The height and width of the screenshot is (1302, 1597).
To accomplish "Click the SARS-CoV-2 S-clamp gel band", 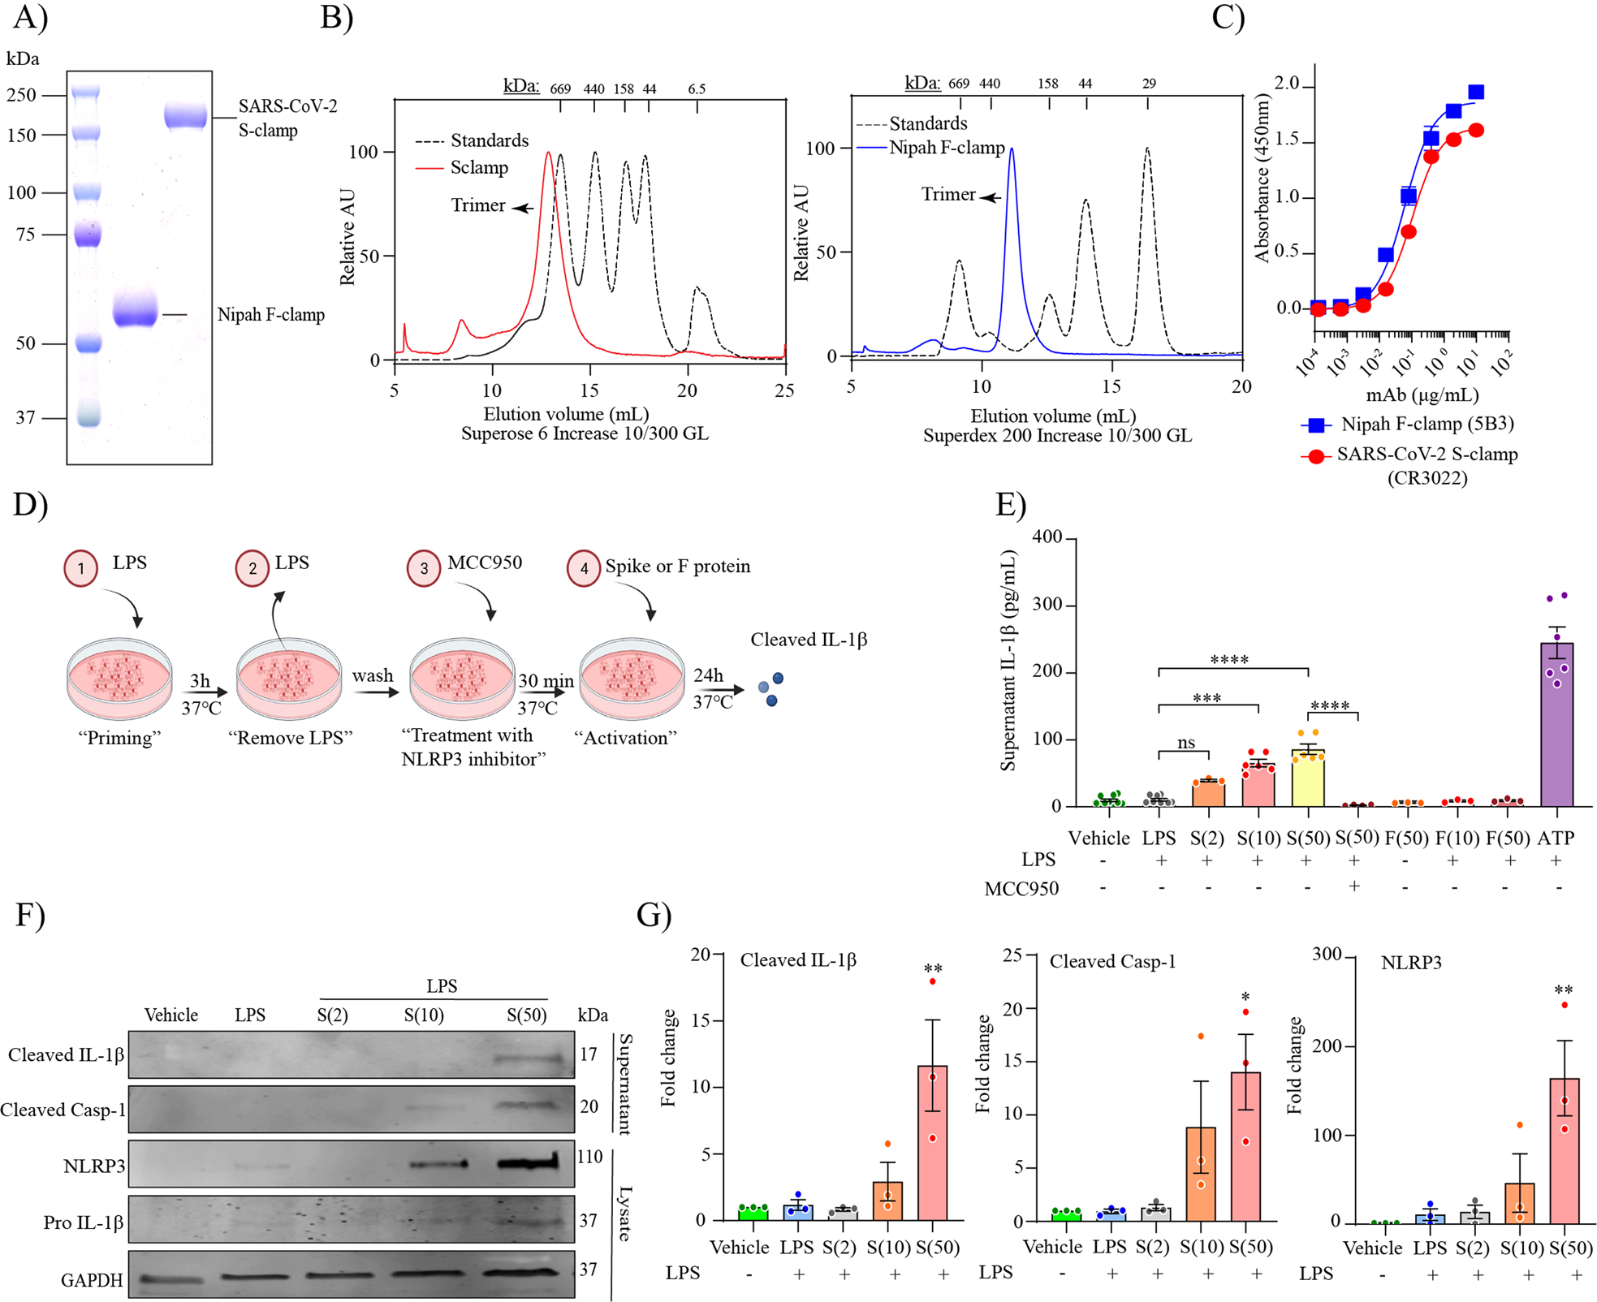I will pos(185,117).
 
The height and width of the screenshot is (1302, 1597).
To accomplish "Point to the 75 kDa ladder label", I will pos(25,235).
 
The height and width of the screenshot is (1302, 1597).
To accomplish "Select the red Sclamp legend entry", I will pos(478,168).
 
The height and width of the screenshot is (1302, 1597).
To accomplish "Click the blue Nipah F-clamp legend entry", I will pos(946,148).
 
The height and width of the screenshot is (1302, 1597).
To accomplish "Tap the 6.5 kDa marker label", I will pos(697,88).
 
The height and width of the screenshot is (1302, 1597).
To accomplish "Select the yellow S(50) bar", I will pos(1308,779).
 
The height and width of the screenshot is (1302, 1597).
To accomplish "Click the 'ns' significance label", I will pos(1185,742).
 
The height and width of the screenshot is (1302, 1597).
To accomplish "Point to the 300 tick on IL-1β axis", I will pos(1047,605).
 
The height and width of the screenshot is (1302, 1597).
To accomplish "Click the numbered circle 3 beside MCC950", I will pos(424,568).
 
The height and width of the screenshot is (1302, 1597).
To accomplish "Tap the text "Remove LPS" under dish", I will pos(291,738).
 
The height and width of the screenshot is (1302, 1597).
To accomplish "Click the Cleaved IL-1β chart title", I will pos(798,960).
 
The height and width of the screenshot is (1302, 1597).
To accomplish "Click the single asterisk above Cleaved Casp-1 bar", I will pos(1245,998).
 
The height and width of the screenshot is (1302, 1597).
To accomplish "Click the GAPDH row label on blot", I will pos(92,1280).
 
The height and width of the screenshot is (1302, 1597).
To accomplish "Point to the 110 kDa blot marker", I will pos(589,1157).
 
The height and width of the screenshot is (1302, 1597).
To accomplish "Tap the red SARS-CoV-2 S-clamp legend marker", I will pos(1315,456).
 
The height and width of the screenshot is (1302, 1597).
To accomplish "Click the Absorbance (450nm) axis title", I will pos(1262,179).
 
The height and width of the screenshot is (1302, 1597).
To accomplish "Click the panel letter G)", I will pos(654,915).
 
